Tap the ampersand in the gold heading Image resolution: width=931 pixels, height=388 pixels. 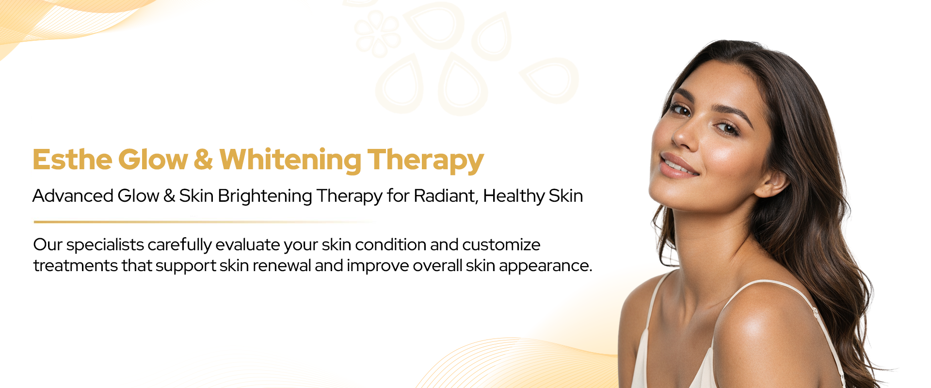click(x=203, y=160)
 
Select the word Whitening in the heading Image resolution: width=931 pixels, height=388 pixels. click(x=290, y=161)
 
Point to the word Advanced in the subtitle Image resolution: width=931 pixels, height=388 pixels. click(x=73, y=195)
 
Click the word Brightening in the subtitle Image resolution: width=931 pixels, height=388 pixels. click(x=265, y=196)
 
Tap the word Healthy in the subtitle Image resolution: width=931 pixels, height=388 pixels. click(x=514, y=196)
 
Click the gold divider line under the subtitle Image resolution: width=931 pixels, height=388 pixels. click(x=204, y=222)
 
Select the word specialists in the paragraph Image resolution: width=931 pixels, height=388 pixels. click(x=105, y=245)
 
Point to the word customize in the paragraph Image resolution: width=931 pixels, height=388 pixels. click(x=501, y=244)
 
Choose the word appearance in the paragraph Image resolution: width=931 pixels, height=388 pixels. click(x=546, y=266)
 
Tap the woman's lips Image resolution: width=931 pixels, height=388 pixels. click(x=678, y=165)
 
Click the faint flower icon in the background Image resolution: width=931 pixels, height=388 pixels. click(x=377, y=33)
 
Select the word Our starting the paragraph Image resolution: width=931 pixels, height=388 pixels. click(x=48, y=244)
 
